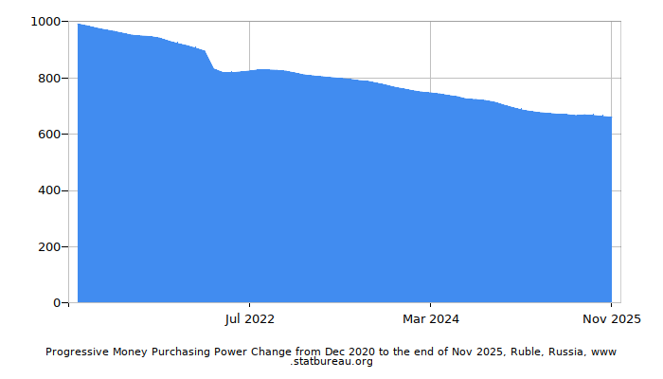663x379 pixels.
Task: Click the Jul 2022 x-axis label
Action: pos(250,319)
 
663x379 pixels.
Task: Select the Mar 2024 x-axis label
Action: pos(430,319)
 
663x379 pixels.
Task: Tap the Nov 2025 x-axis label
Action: pos(611,319)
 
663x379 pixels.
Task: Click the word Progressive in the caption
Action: pos(77,352)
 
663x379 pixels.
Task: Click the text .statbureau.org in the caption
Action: pos(331,362)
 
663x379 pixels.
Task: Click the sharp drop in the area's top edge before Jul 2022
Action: pos(210,60)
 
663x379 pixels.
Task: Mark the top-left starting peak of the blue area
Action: pos(79,25)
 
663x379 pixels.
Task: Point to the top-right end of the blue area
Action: pos(611,117)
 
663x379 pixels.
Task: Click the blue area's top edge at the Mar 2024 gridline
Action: pos(430,93)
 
